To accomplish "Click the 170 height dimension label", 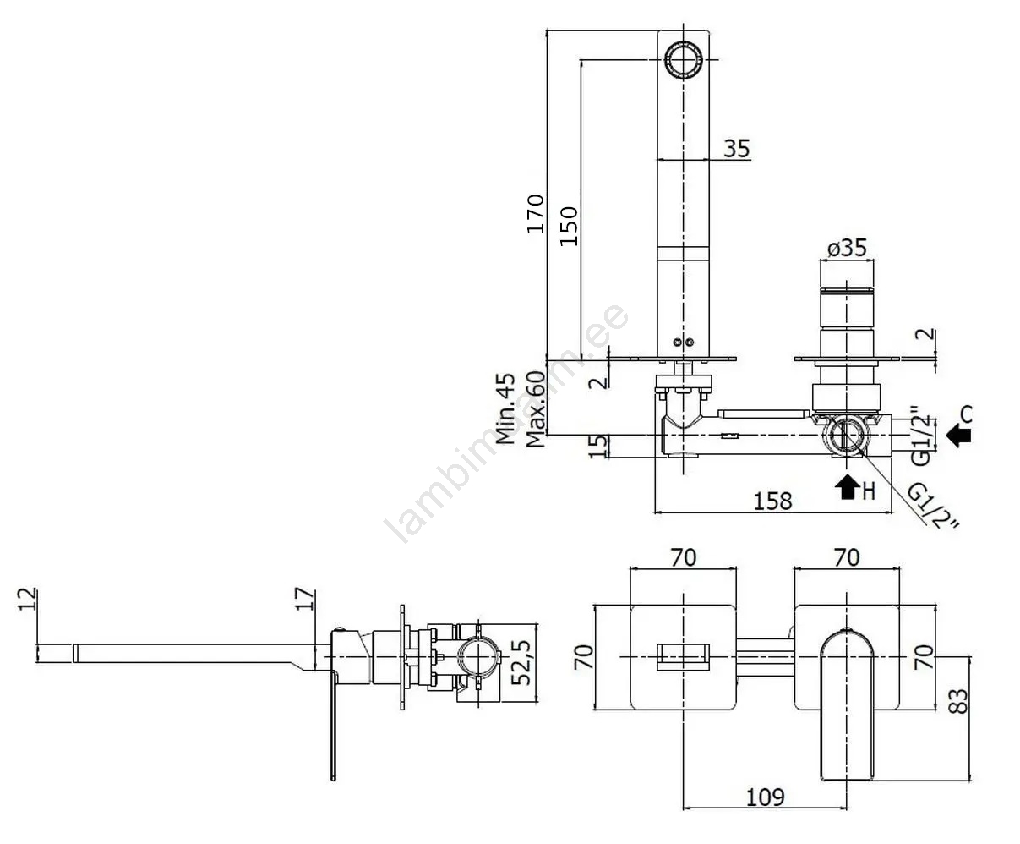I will point(535,215).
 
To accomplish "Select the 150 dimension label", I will point(569,226).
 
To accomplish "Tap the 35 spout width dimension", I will point(736,149).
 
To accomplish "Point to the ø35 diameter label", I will point(846,248).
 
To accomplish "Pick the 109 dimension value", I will point(765,797).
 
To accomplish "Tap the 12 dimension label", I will point(28,599).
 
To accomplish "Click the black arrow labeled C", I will point(959,434).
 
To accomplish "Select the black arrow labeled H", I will point(845,486).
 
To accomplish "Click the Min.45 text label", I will point(506,409).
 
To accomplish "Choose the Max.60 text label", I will point(533,409).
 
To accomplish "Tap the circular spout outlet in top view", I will point(682,59).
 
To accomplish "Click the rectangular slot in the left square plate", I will point(682,657).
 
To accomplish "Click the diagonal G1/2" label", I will point(935,507).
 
